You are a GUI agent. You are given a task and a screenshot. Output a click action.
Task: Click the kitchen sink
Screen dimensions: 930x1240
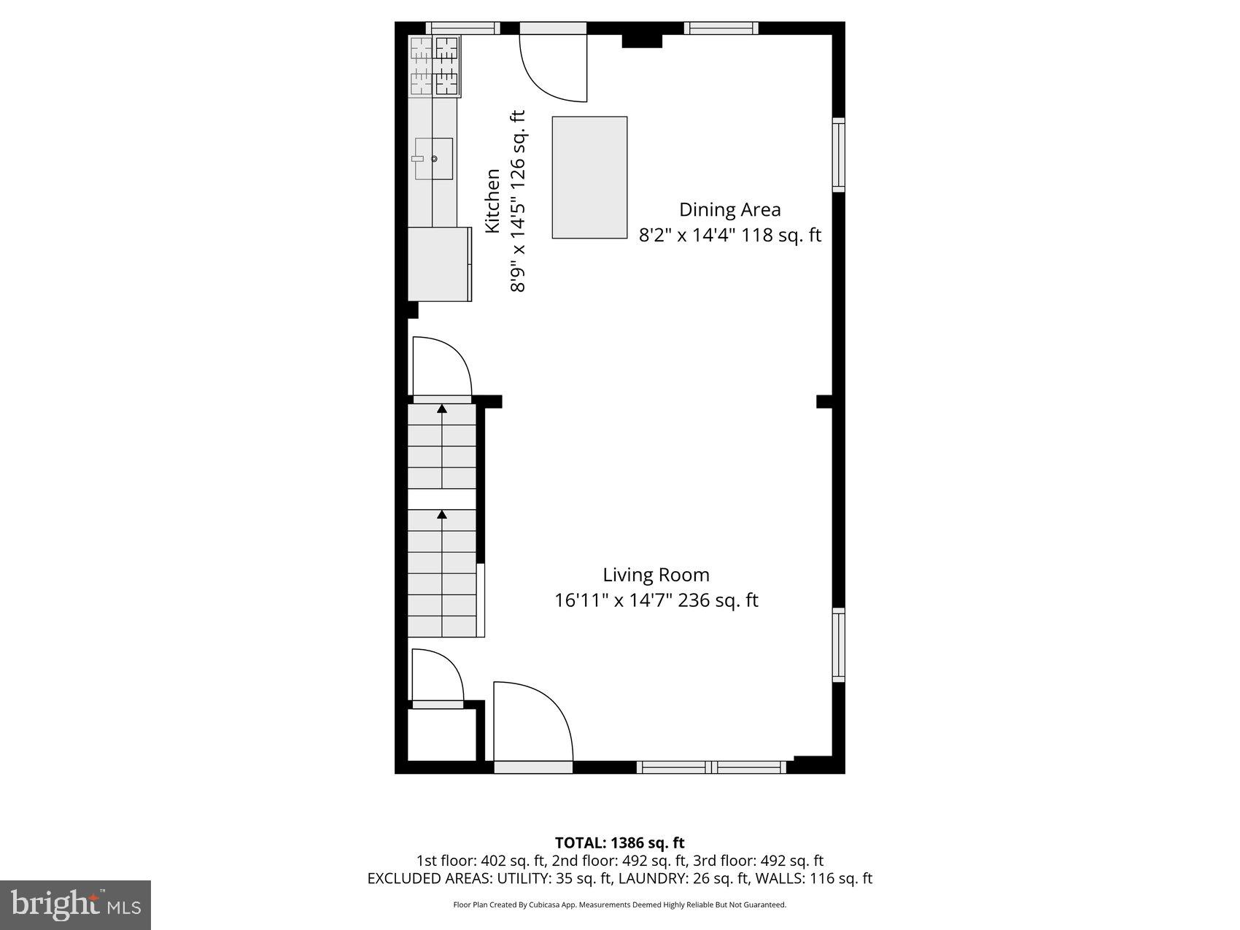click(x=433, y=158)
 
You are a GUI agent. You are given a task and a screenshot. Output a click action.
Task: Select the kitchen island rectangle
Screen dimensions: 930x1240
click(x=589, y=177)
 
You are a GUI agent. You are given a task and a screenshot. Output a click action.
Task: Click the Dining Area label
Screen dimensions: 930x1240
click(x=729, y=210)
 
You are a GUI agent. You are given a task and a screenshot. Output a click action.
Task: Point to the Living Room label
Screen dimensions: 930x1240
click(x=656, y=575)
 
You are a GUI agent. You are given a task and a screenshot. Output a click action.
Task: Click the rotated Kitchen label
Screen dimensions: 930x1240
click(x=493, y=201)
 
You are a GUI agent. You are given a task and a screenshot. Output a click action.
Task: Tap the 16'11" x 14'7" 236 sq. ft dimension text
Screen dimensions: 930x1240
click(x=656, y=600)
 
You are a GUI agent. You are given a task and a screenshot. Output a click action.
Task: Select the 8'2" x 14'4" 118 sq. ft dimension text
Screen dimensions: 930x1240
click(x=729, y=236)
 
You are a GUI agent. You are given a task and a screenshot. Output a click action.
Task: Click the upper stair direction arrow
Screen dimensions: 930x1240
click(x=442, y=408)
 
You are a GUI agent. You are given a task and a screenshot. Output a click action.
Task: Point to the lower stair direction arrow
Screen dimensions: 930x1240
click(x=442, y=515)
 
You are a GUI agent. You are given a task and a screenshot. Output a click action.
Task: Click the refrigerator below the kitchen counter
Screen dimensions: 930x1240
click(x=438, y=264)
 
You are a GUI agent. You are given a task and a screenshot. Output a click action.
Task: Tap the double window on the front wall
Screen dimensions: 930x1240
click(x=711, y=767)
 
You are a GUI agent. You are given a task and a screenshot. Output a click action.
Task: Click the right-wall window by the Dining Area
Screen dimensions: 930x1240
click(x=839, y=155)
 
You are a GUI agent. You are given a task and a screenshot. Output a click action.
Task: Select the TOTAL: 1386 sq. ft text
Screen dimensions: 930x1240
click(x=619, y=843)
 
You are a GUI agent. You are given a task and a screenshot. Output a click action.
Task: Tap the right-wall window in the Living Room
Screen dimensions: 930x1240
click(x=839, y=645)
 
